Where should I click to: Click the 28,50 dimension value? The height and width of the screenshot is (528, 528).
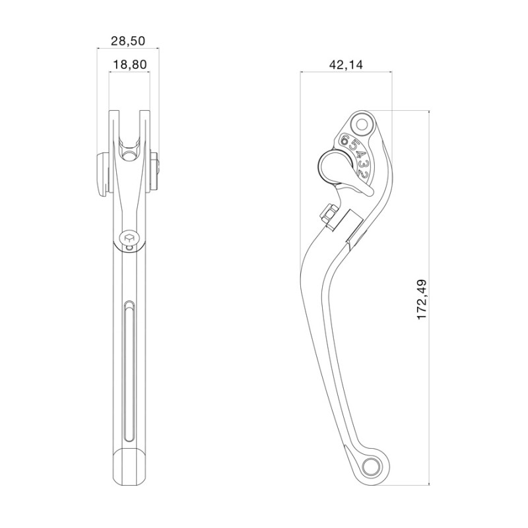click(128, 41)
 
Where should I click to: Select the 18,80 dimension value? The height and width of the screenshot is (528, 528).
click(129, 64)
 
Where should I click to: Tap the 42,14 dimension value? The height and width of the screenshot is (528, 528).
click(346, 64)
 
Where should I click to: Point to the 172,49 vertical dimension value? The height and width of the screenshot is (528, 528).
click(422, 300)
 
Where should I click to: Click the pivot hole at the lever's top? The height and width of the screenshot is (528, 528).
click(362, 125)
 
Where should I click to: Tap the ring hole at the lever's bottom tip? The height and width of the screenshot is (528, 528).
click(372, 467)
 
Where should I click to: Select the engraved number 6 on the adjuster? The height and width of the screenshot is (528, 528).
click(345, 139)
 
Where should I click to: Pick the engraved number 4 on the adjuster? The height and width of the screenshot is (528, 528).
click(359, 155)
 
